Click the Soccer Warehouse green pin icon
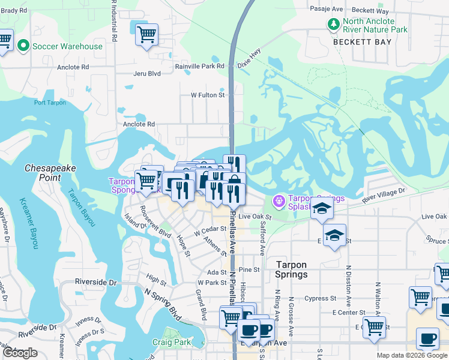pos(23,46)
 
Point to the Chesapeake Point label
pos(51,173)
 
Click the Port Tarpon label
pos(50,103)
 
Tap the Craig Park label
pos(171,343)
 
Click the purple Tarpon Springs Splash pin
pos(279,200)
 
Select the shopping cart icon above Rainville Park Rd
pos(146,34)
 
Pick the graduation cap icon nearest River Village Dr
pos(322,208)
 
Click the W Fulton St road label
pos(207,95)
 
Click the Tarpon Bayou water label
pos(81,208)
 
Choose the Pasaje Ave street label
pos(326,9)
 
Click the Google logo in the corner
pos(20,353)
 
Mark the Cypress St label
pos(321,298)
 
